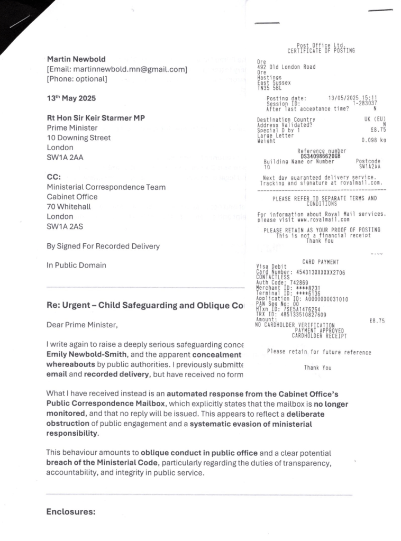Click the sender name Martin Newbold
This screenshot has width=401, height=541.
coord(75,59)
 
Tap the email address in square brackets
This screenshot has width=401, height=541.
coord(117,69)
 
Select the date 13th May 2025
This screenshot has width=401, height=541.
coord(71,98)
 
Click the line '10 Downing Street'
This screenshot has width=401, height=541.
coord(79,137)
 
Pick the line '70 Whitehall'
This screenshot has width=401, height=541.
coord(69,207)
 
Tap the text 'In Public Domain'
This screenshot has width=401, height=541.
coord(76,265)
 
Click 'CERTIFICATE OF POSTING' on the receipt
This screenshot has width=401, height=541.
coord(321,51)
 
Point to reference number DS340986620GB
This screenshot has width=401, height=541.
coord(321,157)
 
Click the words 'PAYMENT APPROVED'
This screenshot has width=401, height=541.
coord(320,330)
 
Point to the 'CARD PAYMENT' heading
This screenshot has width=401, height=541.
coord(321,262)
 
